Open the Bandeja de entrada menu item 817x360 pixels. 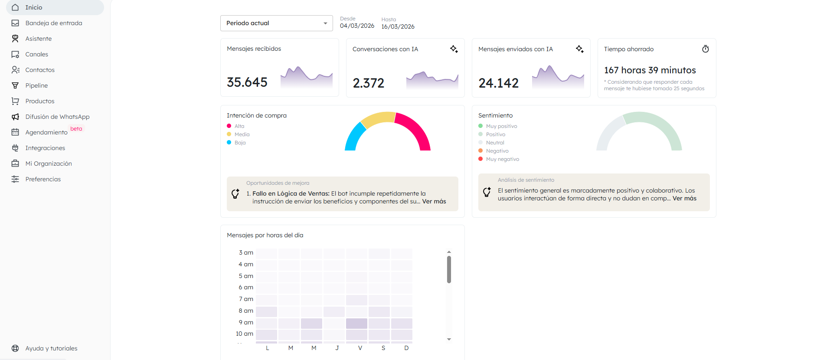coord(53,23)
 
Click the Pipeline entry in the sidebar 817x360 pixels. coord(36,85)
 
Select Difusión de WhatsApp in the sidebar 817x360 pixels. coord(57,117)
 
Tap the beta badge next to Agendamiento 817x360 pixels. coord(76,129)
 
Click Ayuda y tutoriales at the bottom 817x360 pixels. coord(51,348)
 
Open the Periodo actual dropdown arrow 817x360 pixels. coord(325,23)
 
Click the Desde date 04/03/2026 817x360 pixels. coord(357,26)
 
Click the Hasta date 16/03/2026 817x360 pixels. coord(398,27)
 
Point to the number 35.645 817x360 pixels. coord(247,82)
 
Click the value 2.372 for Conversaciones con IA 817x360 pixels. coord(368,83)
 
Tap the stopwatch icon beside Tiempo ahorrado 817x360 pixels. coord(706,49)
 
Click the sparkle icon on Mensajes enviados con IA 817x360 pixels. coord(579,49)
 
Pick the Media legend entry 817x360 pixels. coord(242,134)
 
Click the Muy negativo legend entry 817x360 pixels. coord(502,159)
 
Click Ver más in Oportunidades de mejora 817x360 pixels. coord(434,201)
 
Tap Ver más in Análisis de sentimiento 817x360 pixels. coord(684,198)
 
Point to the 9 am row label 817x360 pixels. coord(246,322)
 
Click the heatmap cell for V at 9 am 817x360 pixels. coord(356,323)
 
